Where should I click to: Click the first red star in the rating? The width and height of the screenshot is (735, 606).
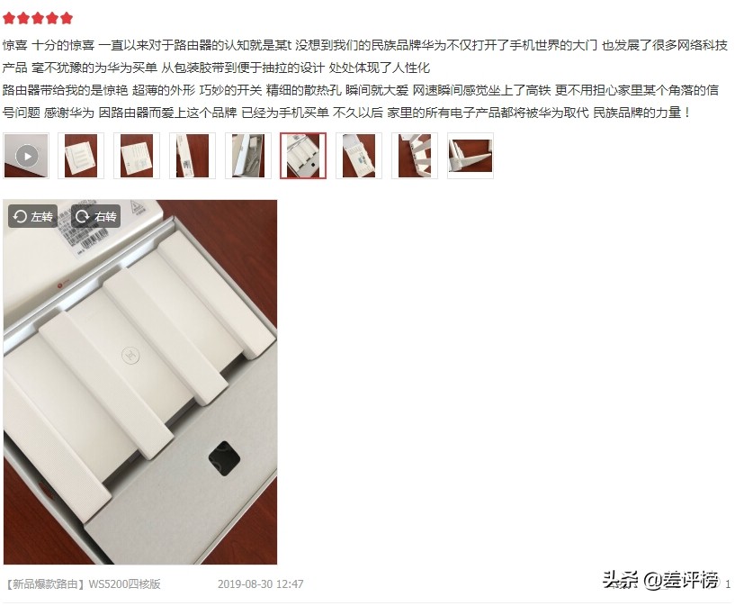pyautogui.click(x=9, y=18)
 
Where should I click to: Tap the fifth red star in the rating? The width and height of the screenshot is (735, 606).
pyautogui.click(x=67, y=18)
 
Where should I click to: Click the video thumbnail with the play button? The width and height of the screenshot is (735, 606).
pyautogui.click(x=26, y=156)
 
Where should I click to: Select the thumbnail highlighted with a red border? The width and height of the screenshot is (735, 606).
pyautogui.click(x=303, y=156)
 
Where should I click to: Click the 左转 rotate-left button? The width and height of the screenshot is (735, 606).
pyautogui.click(x=33, y=216)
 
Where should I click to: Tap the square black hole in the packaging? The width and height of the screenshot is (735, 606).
pyautogui.click(x=224, y=458)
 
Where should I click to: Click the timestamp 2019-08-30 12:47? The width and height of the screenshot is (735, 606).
pyautogui.click(x=261, y=583)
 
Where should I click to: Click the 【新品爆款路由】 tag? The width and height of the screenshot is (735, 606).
pyautogui.click(x=45, y=583)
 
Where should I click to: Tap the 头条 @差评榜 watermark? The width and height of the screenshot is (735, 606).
pyautogui.click(x=660, y=580)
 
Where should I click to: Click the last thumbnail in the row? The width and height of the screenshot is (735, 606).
pyautogui.click(x=471, y=156)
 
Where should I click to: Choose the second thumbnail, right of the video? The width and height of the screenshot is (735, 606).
pyautogui.click(x=81, y=156)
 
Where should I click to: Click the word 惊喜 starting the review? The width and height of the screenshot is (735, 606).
pyautogui.click(x=14, y=45)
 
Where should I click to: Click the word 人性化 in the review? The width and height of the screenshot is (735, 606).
pyautogui.click(x=411, y=68)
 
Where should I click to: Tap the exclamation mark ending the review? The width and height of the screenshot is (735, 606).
pyautogui.click(x=687, y=113)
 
